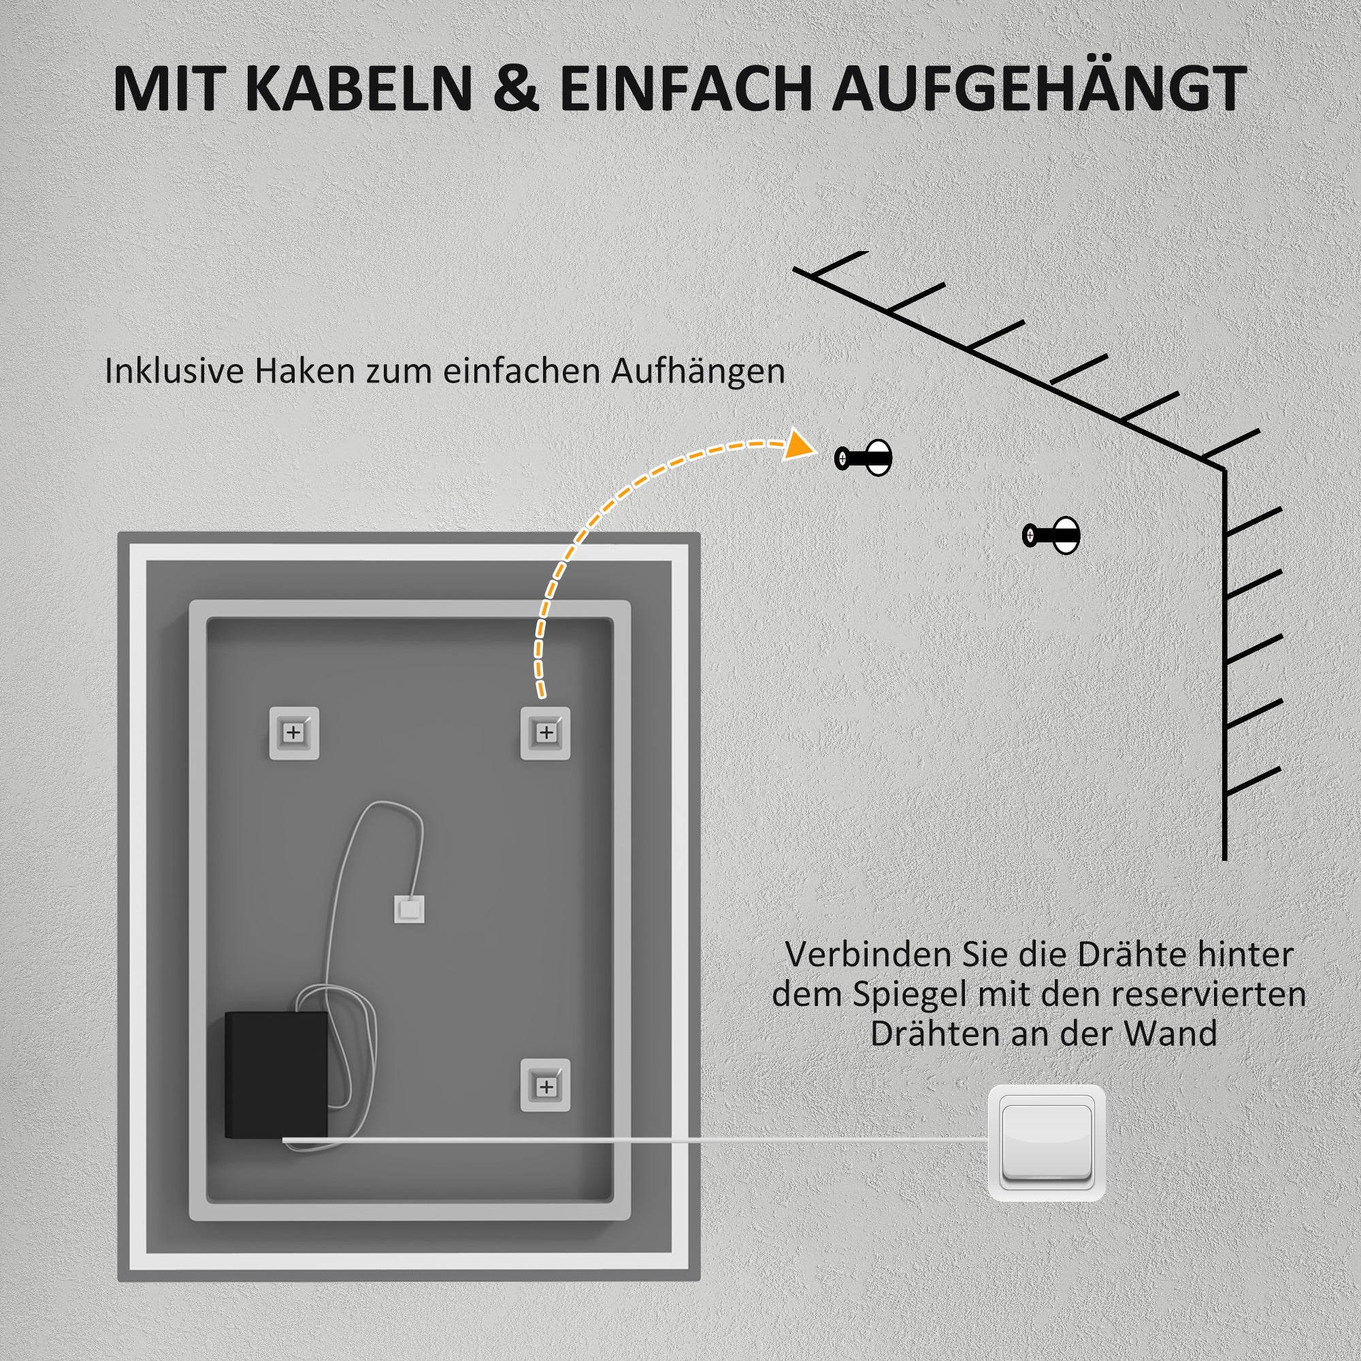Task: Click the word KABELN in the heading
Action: tap(359, 88)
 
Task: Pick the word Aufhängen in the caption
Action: tap(698, 372)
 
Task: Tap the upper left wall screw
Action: tap(863, 459)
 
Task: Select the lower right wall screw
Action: tap(1051, 535)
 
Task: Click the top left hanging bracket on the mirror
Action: tap(294, 733)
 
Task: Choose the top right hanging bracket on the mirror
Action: tap(545, 733)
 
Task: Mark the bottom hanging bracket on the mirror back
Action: tap(545, 1086)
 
